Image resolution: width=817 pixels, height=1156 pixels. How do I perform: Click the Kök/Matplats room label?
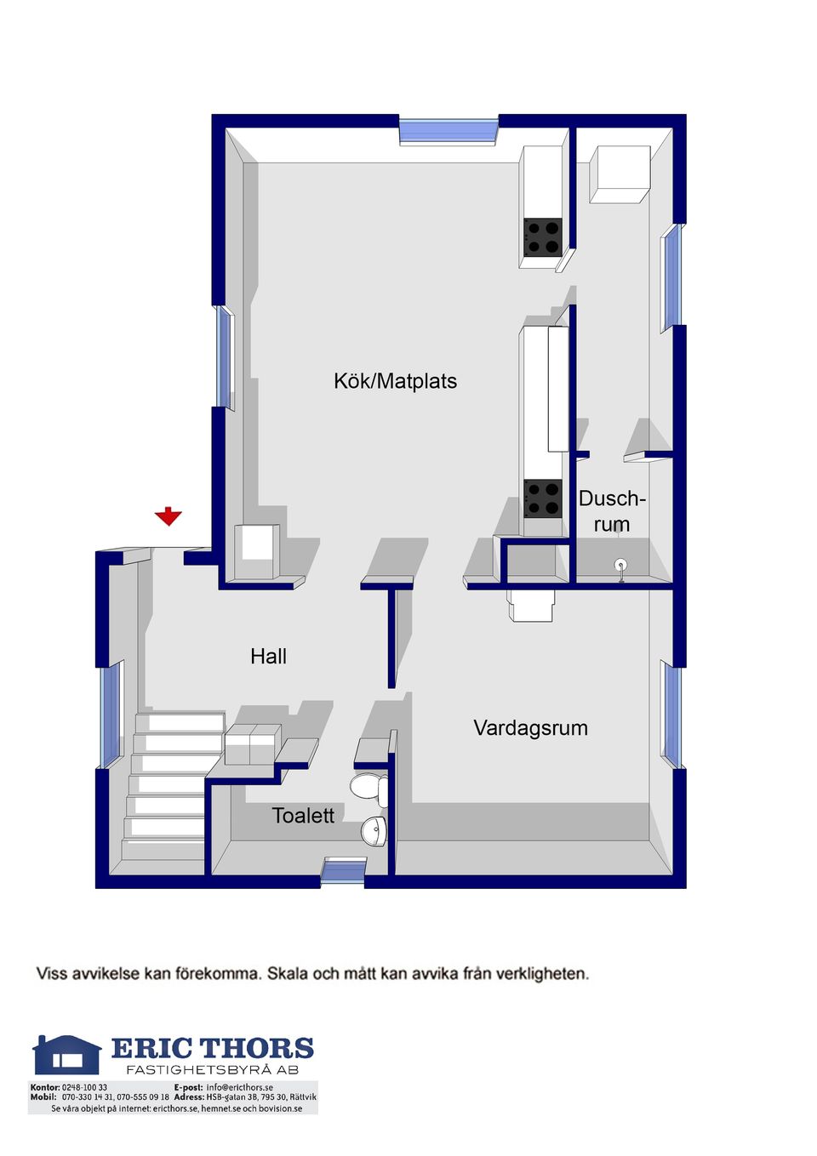pos(395,382)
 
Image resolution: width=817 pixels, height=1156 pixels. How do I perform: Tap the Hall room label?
pos(268,657)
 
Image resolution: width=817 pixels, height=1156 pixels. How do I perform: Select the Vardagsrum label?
pos(530,728)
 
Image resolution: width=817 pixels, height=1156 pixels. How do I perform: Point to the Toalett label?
pos(303,816)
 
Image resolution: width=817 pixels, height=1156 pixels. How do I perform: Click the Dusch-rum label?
pos(612,511)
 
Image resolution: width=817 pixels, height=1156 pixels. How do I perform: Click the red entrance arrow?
pos(169,516)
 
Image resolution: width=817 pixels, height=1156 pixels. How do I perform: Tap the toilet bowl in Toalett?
pos(369,789)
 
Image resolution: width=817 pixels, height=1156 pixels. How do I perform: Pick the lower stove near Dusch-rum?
pos(543,498)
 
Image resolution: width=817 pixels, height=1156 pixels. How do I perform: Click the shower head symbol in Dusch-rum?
pos(620,571)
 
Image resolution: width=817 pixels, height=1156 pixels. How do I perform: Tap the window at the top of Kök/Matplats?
pos(448,131)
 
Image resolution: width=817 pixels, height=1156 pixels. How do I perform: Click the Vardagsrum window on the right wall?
pos(672,715)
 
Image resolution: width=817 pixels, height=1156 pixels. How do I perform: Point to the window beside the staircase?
pos(110,715)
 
